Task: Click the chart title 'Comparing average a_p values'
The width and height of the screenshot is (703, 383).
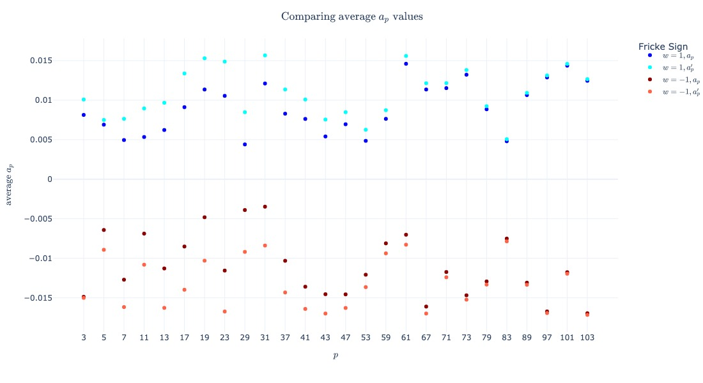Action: [x=351, y=17]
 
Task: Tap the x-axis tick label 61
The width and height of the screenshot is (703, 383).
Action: [x=406, y=337]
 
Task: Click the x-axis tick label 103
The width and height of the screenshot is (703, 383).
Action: [x=587, y=337]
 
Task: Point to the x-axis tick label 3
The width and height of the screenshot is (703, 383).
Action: [x=84, y=337]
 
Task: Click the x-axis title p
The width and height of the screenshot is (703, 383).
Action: [x=335, y=356]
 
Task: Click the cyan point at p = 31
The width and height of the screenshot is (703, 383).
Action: [x=265, y=56]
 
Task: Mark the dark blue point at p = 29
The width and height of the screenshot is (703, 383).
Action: [x=245, y=144]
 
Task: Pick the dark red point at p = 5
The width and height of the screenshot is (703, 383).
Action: [x=104, y=230]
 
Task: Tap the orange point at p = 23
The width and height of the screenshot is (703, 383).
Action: [x=224, y=312]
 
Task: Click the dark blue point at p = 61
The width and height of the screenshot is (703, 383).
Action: [x=406, y=64]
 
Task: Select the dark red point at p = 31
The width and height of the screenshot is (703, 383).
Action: [x=265, y=207]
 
